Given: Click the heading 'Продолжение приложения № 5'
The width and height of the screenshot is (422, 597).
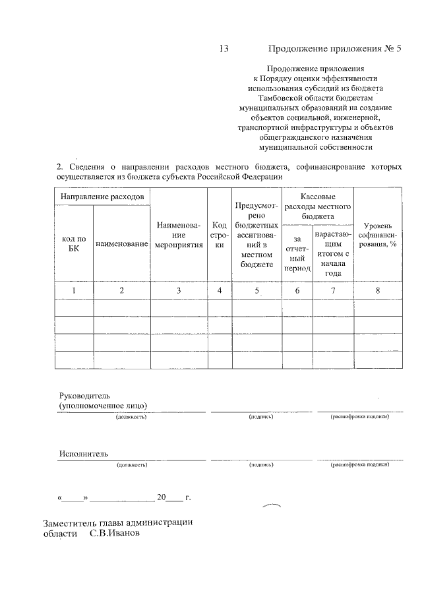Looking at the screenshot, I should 334,49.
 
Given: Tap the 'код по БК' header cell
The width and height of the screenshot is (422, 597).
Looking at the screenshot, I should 74,244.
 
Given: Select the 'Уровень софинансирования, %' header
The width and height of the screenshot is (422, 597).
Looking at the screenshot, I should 378,239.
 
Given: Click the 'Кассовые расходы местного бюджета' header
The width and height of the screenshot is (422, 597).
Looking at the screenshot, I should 317,206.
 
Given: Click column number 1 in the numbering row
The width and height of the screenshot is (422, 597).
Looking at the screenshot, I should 74,290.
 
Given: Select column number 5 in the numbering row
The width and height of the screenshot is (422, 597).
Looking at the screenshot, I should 256,290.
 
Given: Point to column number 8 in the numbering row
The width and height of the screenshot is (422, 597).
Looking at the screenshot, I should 378,290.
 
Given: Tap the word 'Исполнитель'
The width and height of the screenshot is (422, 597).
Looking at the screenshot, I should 83,454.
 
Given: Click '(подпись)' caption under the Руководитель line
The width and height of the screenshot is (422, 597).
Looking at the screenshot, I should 261,418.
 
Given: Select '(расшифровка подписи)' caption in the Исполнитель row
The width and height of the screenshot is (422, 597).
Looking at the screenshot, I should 359,465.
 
